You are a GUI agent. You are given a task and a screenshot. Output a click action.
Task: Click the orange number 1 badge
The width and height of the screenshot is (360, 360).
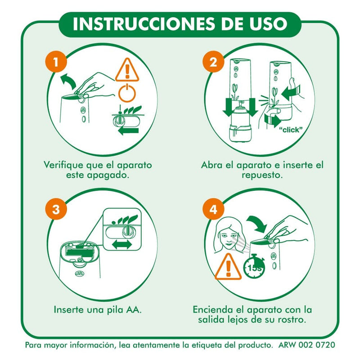coord(56,62)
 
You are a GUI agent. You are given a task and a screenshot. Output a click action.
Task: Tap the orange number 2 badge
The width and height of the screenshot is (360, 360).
coord(213,62)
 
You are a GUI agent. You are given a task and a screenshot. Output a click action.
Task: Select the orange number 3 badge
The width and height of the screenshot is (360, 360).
coord(56,209)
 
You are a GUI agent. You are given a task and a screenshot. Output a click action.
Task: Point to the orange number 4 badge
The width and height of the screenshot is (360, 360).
coord(213,209)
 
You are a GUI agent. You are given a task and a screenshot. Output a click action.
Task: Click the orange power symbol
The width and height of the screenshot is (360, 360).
coord(127,93)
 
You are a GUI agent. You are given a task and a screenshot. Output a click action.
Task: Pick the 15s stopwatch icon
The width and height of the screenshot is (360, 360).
coord(254,266)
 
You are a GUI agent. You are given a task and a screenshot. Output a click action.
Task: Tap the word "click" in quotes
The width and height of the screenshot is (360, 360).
coord(291,130)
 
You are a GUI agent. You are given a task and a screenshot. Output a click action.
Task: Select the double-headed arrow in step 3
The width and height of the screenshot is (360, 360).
coord(121,245)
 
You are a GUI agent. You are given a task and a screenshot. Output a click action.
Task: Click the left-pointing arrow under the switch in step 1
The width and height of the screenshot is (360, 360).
coord(129,131)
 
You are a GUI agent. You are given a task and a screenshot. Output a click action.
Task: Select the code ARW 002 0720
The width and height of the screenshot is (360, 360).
coord(307,345)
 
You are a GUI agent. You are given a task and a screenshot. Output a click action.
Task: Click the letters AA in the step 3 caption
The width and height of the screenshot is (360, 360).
coord(133,310)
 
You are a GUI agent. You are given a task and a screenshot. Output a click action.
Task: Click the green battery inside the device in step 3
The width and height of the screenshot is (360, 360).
coord(80,252)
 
